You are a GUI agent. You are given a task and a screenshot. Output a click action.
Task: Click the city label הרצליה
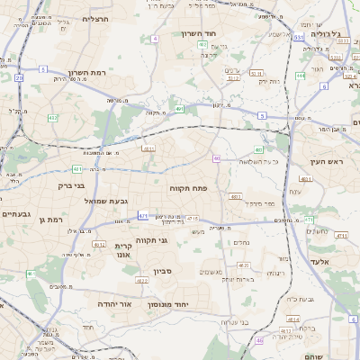click(x=94, y=18)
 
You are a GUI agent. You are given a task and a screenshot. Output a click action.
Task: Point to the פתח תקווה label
click(x=187, y=188)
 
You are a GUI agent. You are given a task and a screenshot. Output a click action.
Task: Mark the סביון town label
click(x=163, y=268)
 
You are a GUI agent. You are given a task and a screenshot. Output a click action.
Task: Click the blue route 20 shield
click(x=19, y=78)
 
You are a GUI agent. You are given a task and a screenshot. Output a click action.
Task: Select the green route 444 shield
click(x=300, y=76)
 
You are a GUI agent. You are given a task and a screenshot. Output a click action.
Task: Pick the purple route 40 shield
click(x=217, y=158)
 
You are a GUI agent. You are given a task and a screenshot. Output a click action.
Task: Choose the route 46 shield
click(x=260, y=340)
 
